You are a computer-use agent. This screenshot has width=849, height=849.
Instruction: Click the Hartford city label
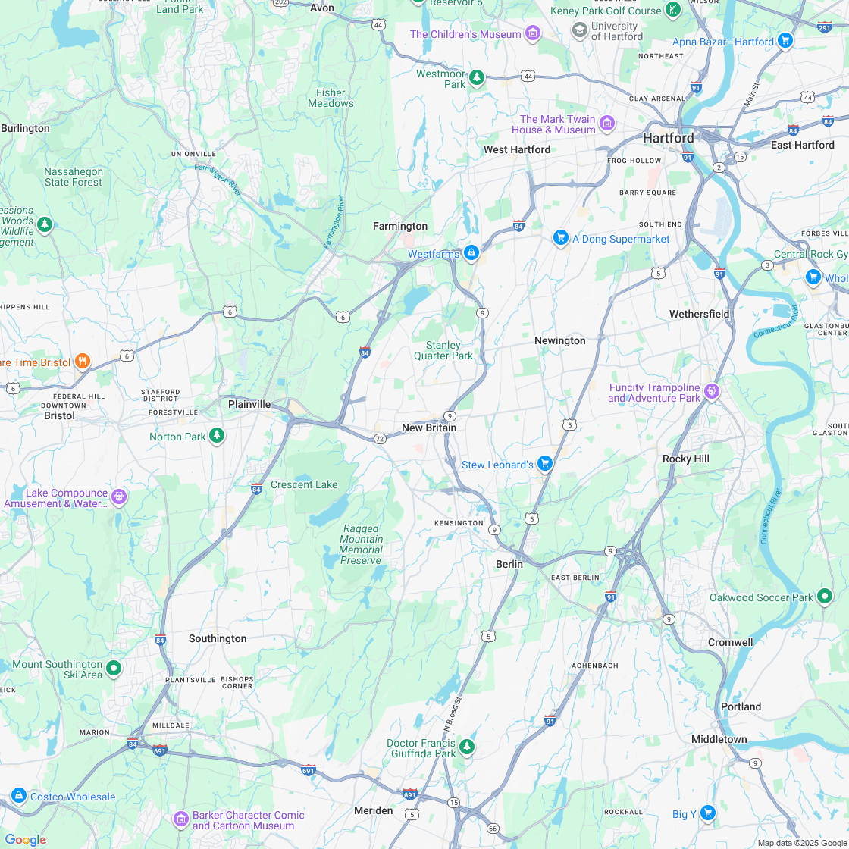668,138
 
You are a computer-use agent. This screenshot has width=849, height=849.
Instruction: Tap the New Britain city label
429,428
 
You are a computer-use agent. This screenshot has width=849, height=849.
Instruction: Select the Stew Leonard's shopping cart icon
544,464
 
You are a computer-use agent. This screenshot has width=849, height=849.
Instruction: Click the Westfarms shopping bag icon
471,253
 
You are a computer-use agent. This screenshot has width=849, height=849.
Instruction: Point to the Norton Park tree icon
218,436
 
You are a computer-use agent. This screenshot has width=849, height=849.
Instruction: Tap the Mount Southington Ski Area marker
114,668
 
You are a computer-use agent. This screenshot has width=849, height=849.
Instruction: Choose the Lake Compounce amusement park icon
118,497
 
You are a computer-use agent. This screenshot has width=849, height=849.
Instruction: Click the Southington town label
218,638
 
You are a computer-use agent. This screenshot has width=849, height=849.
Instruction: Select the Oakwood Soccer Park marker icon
825,597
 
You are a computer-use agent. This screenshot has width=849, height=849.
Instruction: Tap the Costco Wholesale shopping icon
19,796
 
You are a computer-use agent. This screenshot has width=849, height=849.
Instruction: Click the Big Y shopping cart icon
707,813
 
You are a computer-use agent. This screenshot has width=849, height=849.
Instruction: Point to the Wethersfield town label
699,314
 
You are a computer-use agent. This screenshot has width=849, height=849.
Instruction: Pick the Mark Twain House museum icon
606,124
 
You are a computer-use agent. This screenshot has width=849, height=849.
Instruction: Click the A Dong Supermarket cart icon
560,238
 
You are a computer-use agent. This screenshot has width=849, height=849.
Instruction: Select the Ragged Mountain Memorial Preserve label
361,544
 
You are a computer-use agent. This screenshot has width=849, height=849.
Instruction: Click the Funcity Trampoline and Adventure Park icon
711,392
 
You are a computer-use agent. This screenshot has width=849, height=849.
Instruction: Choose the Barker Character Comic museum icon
180,819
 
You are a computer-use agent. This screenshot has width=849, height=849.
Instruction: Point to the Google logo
25,839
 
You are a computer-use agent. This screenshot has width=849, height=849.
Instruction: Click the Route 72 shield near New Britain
380,439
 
